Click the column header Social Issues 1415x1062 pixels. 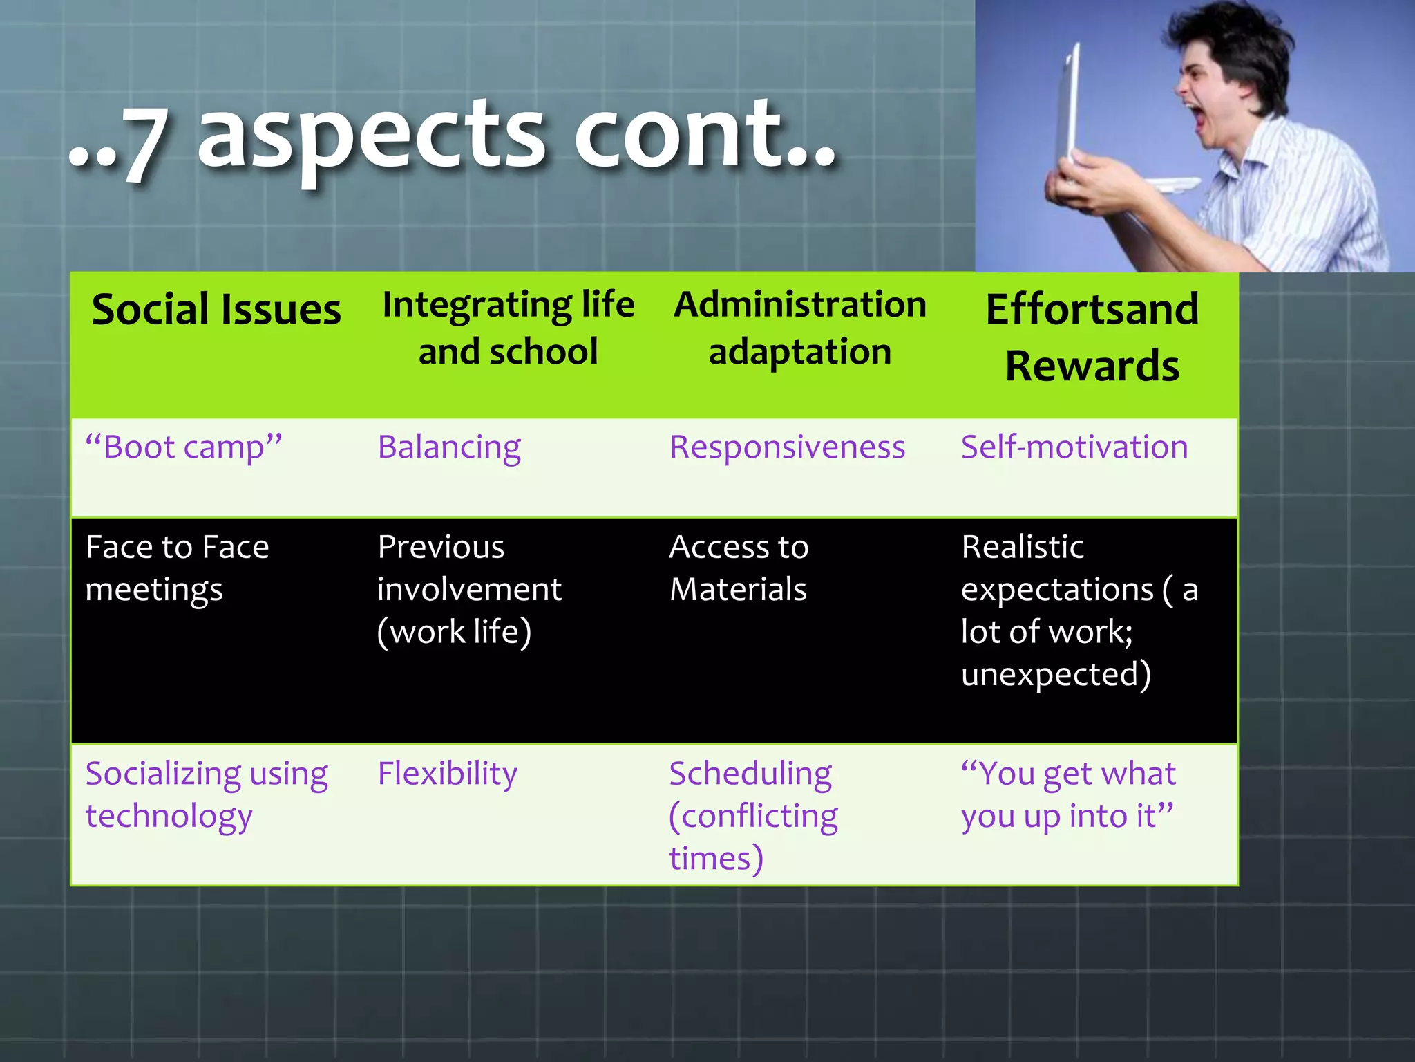click(216, 310)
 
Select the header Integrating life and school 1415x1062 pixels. click(508, 328)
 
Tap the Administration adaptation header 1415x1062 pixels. click(800, 328)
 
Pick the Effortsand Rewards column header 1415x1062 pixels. click(1092, 337)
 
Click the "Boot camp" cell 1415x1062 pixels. click(184, 447)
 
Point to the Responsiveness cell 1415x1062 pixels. click(787, 447)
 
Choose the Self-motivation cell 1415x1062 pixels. click(1074, 447)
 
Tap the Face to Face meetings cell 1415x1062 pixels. click(177, 568)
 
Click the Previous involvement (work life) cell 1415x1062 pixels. click(469, 590)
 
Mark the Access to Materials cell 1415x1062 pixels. click(739, 568)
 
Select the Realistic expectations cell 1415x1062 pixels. click(1078, 611)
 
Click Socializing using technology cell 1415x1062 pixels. click(206, 795)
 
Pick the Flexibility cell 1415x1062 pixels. click(447, 774)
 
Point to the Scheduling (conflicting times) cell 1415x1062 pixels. click(753, 816)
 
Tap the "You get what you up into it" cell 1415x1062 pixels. click(1067, 795)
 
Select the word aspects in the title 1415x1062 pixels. click(373, 138)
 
